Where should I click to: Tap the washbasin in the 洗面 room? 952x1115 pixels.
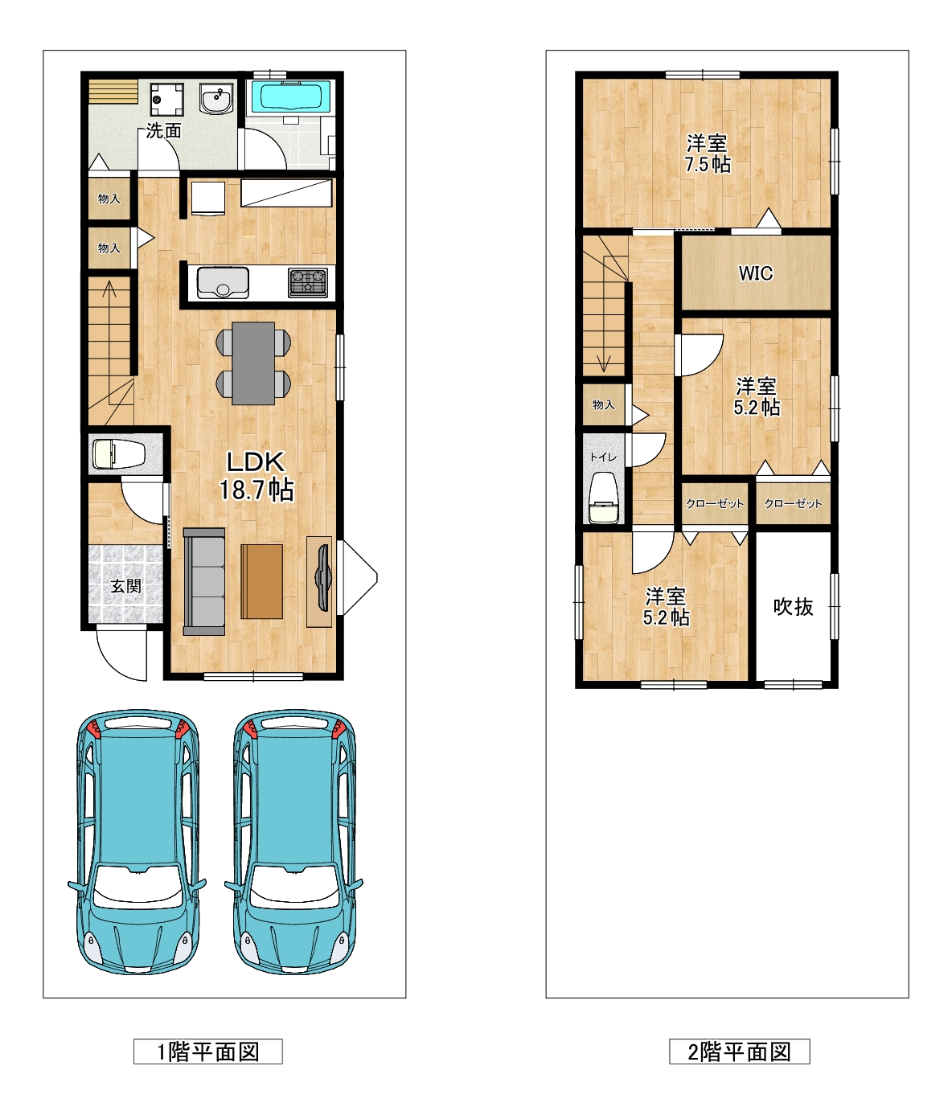pos(216,99)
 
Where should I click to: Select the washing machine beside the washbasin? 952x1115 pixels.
pos(166,99)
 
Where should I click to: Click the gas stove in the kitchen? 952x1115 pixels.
pos(308,283)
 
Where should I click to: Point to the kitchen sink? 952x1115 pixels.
pos(223,283)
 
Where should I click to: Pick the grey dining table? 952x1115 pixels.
pos(253,363)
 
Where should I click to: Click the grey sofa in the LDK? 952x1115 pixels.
pos(204,581)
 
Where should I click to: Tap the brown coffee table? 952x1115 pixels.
pos(262,581)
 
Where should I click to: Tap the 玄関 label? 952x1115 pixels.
pos(125,586)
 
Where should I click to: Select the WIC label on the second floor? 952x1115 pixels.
pos(756,273)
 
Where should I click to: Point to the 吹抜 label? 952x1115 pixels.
pos(793,607)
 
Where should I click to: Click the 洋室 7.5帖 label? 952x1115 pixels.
pos(708,154)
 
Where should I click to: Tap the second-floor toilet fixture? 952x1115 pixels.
pos(603,498)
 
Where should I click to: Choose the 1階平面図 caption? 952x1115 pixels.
pos(207,1051)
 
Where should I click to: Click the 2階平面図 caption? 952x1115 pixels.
pos(740,1051)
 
